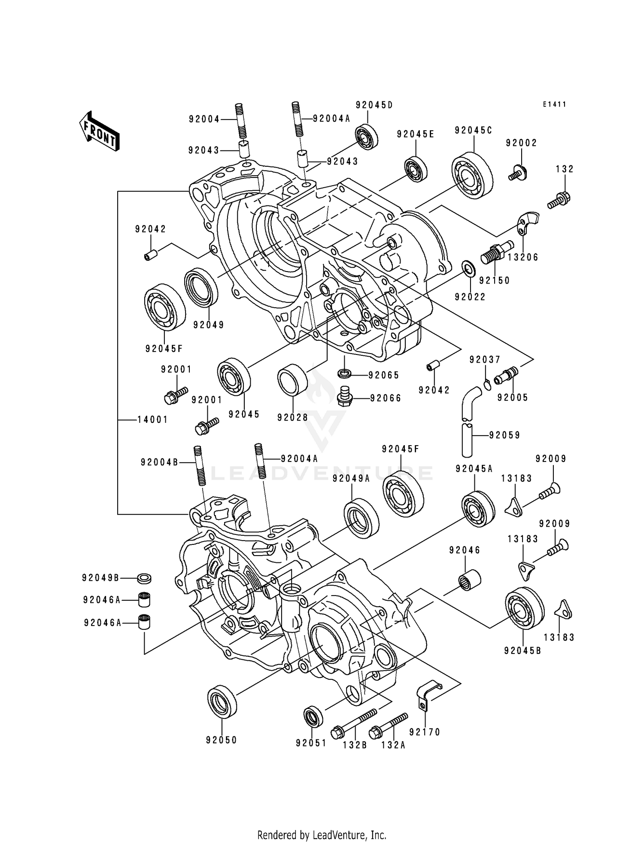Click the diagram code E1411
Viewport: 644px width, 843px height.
pos(554,104)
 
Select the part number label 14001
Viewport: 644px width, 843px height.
pos(152,419)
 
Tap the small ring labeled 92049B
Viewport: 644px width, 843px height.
pos(144,578)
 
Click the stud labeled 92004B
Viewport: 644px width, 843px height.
pos(200,466)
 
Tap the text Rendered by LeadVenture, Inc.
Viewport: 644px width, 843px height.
pos(322,834)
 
